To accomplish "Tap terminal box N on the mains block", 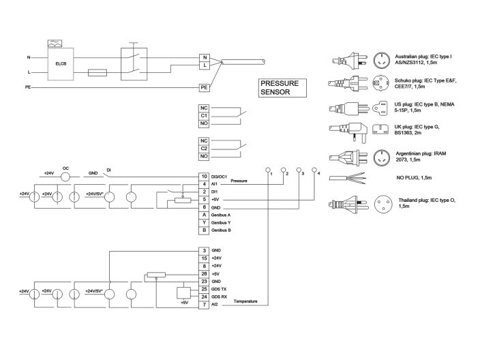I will tap(204, 57).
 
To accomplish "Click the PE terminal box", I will tap(204, 88).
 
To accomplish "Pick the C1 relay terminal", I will tap(204, 115).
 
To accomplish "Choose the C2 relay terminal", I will tap(204, 147).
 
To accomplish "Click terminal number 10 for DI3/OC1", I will tap(204, 177).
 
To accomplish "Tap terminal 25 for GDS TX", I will tap(204, 289).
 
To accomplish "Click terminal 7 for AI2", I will tap(204, 305).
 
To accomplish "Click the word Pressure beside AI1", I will tap(239, 181).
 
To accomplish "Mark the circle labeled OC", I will tap(66, 176).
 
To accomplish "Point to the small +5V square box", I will tap(183, 292).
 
